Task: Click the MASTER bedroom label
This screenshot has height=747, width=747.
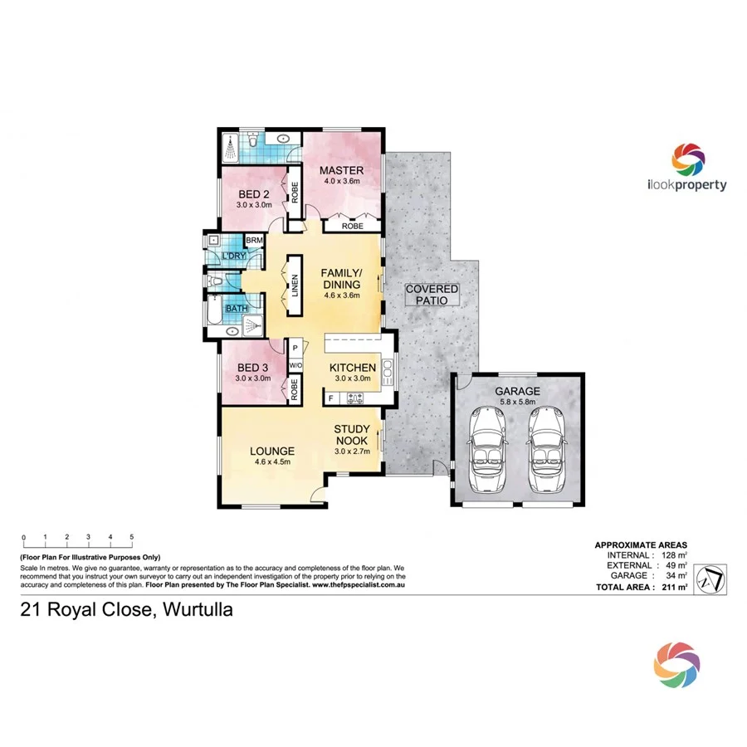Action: click(x=342, y=172)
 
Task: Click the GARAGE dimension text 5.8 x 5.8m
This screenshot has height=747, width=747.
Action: click(x=517, y=403)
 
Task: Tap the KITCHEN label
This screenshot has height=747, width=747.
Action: click(x=353, y=368)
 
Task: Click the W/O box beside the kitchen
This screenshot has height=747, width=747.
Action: click(x=295, y=365)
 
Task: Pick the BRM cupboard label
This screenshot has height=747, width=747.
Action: click(x=255, y=241)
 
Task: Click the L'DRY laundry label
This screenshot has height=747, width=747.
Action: click(x=233, y=256)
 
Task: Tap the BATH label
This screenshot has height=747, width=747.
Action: click(x=237, y=309)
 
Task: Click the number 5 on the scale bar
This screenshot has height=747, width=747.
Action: click(x=131, y=538)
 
